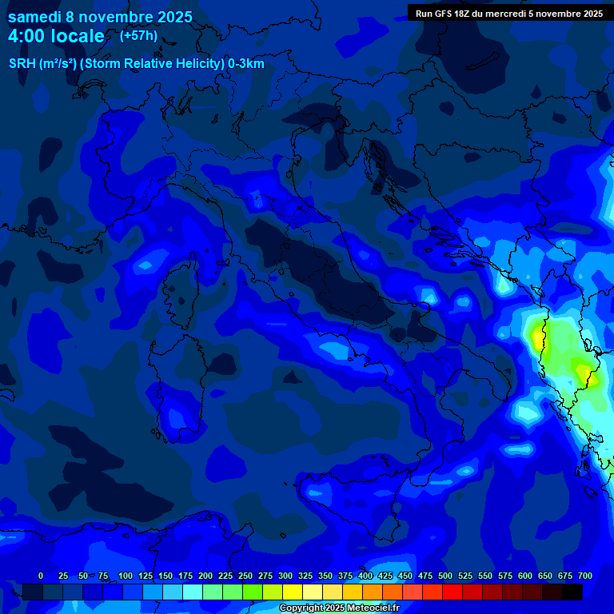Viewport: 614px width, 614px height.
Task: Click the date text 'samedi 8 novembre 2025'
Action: coord(100,17)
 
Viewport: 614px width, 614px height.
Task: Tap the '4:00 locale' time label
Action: coord(56,36)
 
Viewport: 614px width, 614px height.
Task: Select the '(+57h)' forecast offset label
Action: coord(138,36)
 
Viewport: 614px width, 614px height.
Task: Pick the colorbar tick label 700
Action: coord(584,576)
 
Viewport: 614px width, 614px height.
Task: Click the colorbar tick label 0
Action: coord(41,576)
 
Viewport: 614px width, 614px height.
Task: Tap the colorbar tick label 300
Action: coord(285,576)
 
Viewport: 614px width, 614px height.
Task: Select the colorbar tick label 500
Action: coord(445,576)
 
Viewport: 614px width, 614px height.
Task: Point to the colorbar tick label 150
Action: coord(165,576)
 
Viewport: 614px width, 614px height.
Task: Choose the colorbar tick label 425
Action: coord(385,576)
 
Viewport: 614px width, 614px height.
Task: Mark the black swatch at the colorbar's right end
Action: coord(572,592)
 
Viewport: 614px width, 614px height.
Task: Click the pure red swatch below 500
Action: coord(453,592)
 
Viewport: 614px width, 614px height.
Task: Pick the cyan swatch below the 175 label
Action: coord(193,592)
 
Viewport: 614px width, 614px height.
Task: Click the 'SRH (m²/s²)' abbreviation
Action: coord(42,64)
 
